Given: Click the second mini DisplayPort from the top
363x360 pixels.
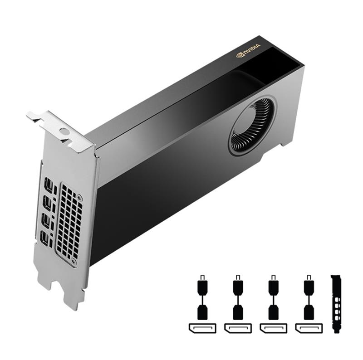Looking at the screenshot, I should pyautogui.click(x=47, y=202).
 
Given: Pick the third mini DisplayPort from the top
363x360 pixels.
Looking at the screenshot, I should pyautogui.click(x=46, y=220).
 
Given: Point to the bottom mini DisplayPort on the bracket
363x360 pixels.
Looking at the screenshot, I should pyautogui.click(x=44, y=238).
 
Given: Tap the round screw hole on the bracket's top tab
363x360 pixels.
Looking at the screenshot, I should pyautogui.click(x=64, y=132).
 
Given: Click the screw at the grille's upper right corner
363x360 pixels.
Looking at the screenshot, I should pyautogui.click(x=80, y=198).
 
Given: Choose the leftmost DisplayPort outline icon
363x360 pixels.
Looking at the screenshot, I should pyautogui.click(x=202, y=327).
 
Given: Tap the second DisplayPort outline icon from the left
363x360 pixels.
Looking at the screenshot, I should pyautogui.click(x=238, y=327).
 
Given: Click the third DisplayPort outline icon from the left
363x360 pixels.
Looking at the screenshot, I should pyautogui.click(x=274, y=327).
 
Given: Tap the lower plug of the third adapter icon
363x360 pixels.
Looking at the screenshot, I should pyautogui.click(x=274, y=311).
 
